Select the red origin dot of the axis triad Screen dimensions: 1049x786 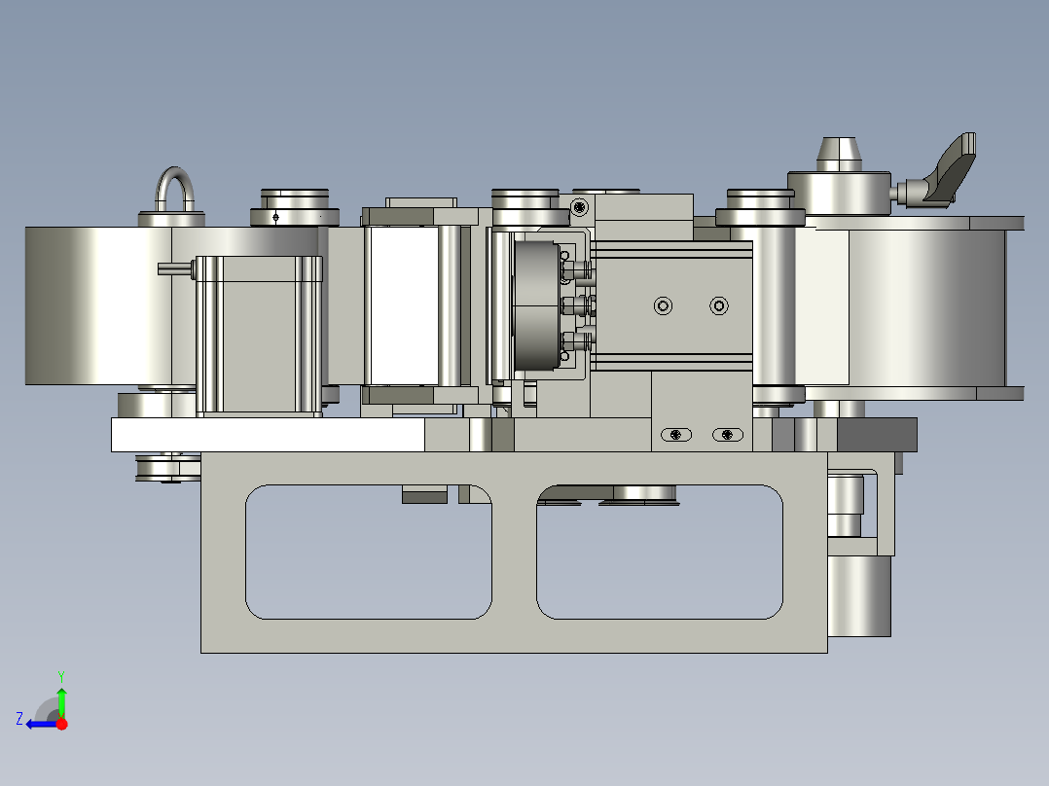tap(61, 724)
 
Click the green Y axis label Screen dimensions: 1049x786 tap(61, 676)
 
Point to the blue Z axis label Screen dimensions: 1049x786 tap(19, 719)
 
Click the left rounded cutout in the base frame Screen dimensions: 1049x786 tap(369, 552)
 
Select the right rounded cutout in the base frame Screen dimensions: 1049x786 tap(660, 552)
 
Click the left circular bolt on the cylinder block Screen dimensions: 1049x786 tap(663, 306)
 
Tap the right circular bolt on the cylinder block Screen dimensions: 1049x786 tap(719, 306)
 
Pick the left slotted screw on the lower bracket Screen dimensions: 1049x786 tap(675, 435)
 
